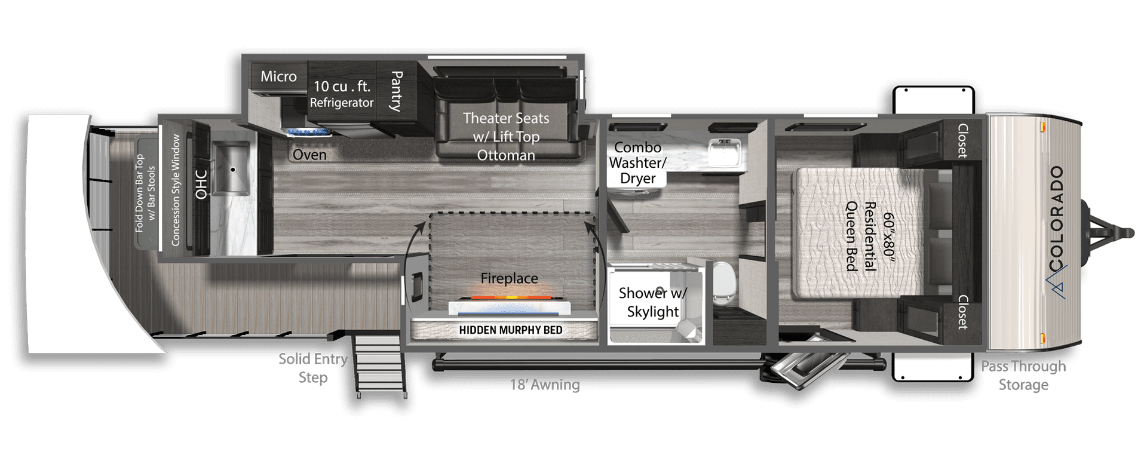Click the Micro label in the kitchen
click(278, 76)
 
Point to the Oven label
click(309, 155)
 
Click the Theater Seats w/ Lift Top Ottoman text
click(506, 136)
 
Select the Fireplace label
click(510, 278)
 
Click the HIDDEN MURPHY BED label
click(510, 330)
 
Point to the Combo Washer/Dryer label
click(638, 162)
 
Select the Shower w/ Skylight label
click(653, 302)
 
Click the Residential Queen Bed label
click(861, 236)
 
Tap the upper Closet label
click(962, 141)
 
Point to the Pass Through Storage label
click(1023, 376)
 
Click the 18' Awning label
click(545, 384)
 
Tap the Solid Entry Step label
click(313, 368)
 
